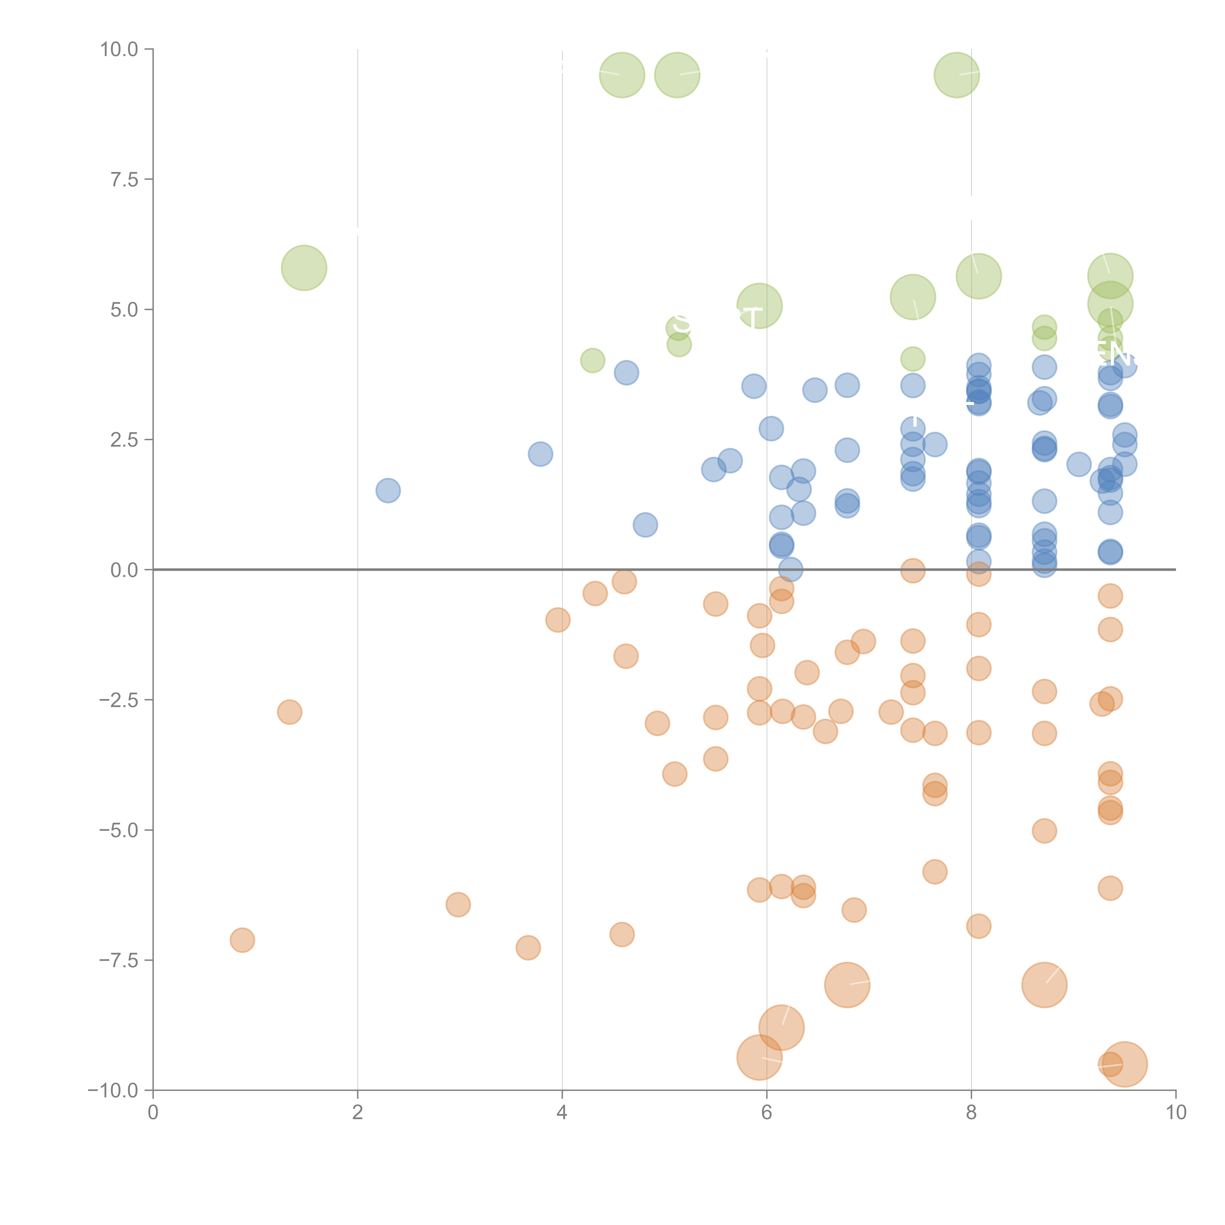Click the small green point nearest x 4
592,360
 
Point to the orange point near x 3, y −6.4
458,904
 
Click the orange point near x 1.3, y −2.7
289,712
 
